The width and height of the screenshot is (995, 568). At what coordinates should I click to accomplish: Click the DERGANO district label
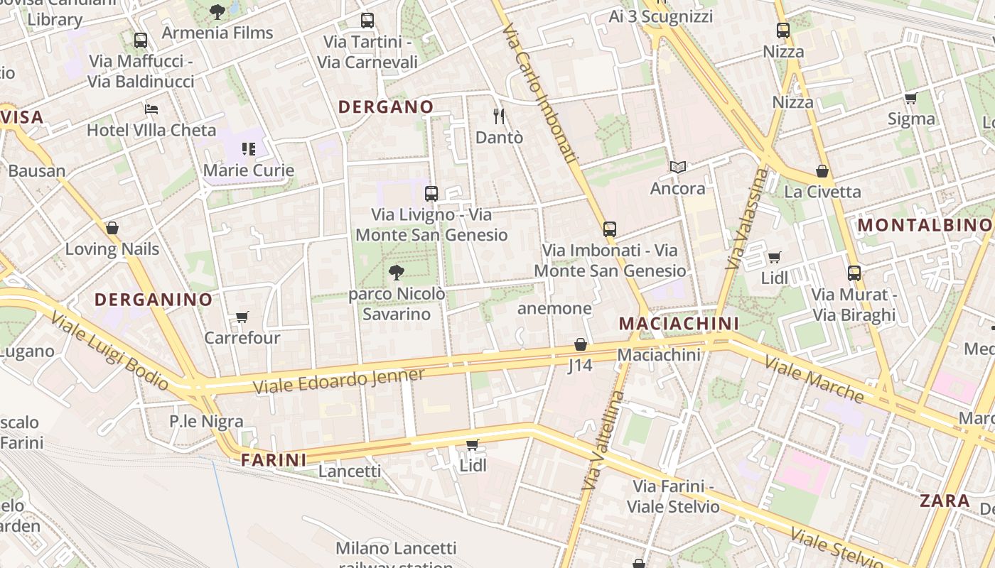pyautogui.click(x=385, y=107)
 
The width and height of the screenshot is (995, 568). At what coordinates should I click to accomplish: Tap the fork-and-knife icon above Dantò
pyautogui.click(x=499, y=116)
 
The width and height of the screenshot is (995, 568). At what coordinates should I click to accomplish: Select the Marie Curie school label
pyautogui.click(x=249, y=170)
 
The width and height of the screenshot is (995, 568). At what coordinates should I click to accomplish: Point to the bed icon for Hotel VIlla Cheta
pyautogui.click(x=151, y=109)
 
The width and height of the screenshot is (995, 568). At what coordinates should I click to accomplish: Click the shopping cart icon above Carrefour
pyautogui.click(x=242, y=317)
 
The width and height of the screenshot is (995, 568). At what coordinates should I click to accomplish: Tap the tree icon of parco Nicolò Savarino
pyautogui.click(x=397, y=272)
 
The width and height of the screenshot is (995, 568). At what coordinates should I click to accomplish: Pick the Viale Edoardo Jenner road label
pyautogui.click(x=339, y=381)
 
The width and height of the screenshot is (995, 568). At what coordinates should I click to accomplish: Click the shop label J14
pyautogui.click(x=580, y=366)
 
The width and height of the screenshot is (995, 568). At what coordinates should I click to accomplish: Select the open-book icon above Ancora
pyautogui.click(x=678, y=168)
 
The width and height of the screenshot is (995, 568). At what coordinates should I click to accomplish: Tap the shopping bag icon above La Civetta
pyautogui.click(x=822, y=171)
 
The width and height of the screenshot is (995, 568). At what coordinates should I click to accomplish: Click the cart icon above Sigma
pyautogui.click(x=911, y=98)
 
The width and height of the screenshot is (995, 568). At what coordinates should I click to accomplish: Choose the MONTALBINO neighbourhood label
pyautogui.click(x=924, y=225)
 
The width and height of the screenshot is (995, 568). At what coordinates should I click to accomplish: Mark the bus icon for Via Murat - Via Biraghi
pyautogui.click(x=854, y=273)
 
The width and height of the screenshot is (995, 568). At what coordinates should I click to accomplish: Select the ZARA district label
pyautogui.click(x=945, y=501)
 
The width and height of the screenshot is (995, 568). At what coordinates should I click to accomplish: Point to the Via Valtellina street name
pyautogui.click(x=603, y=440)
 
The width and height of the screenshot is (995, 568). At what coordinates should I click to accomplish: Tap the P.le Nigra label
pyautogui.click(x=206, y=421)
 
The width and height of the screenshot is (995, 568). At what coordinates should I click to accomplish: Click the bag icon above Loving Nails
pyautogui.click(x=112, y=228)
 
